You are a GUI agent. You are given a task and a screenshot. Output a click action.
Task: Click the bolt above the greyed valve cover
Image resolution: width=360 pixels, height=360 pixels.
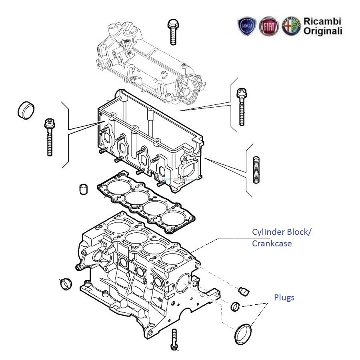click(x=173, y=31)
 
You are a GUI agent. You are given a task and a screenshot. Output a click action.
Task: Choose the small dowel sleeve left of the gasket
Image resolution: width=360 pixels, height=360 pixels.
click(x=83, y=189)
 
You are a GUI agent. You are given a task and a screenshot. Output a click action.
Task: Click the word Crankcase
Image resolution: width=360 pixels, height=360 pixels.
click(x=272, y=243)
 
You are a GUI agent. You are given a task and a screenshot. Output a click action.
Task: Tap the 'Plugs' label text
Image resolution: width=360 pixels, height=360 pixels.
click(x=284, y=298)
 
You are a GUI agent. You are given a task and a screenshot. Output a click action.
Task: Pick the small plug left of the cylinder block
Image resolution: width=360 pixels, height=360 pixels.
click(x=65, y=284)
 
